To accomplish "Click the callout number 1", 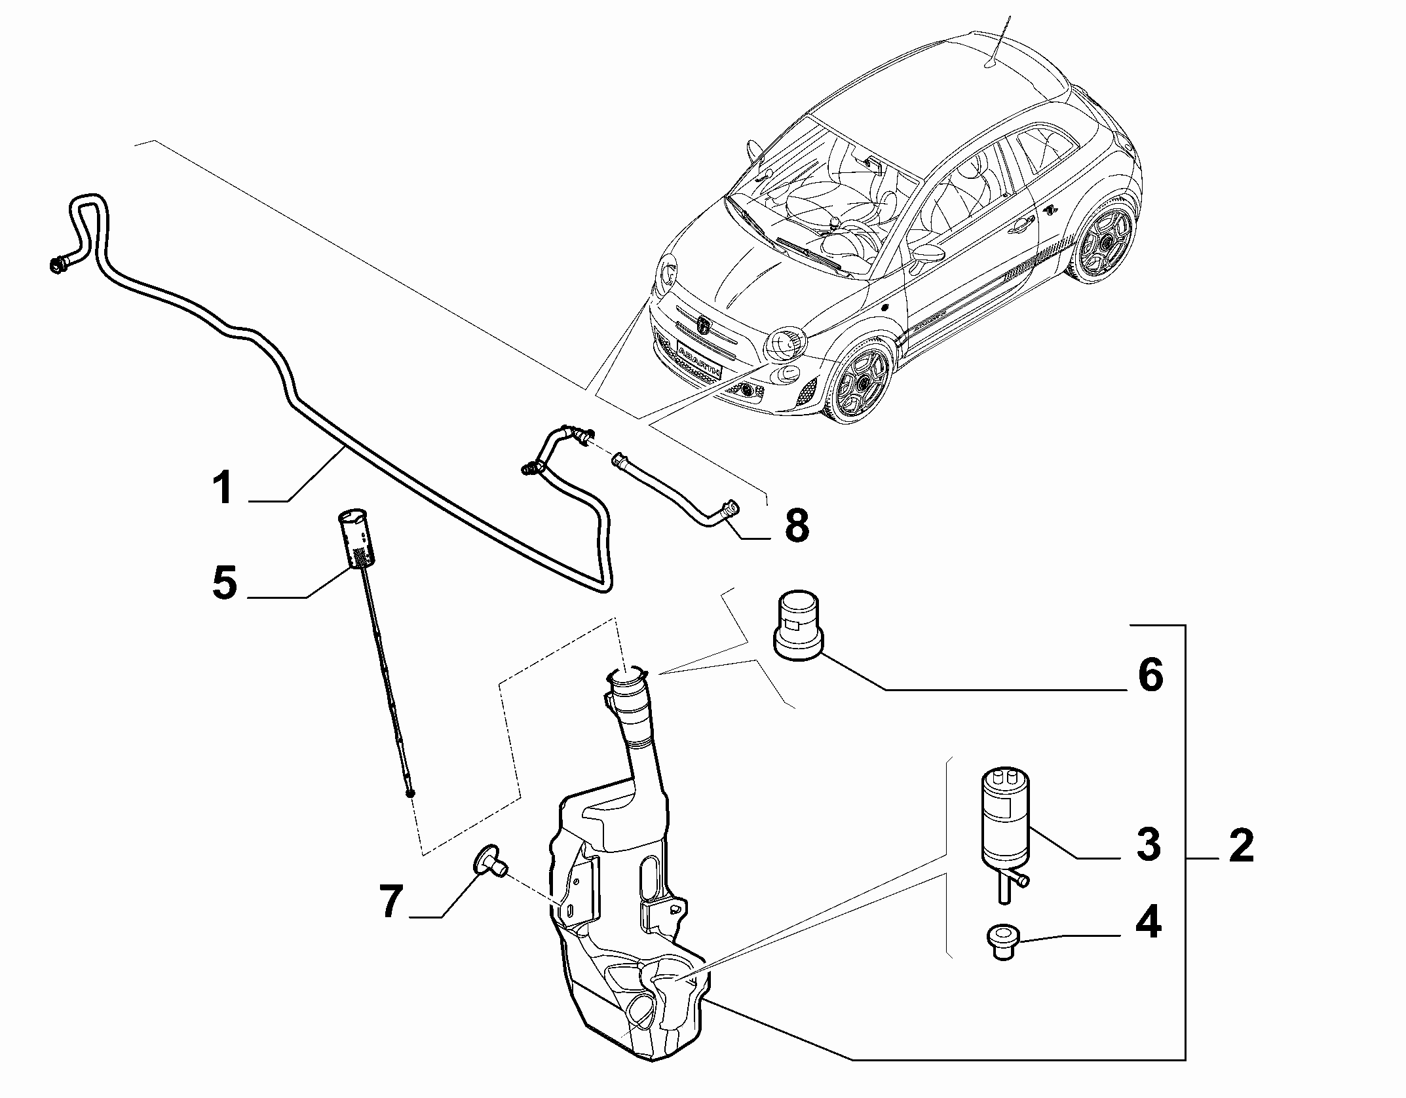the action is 223,489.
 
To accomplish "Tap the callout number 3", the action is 1148,844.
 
